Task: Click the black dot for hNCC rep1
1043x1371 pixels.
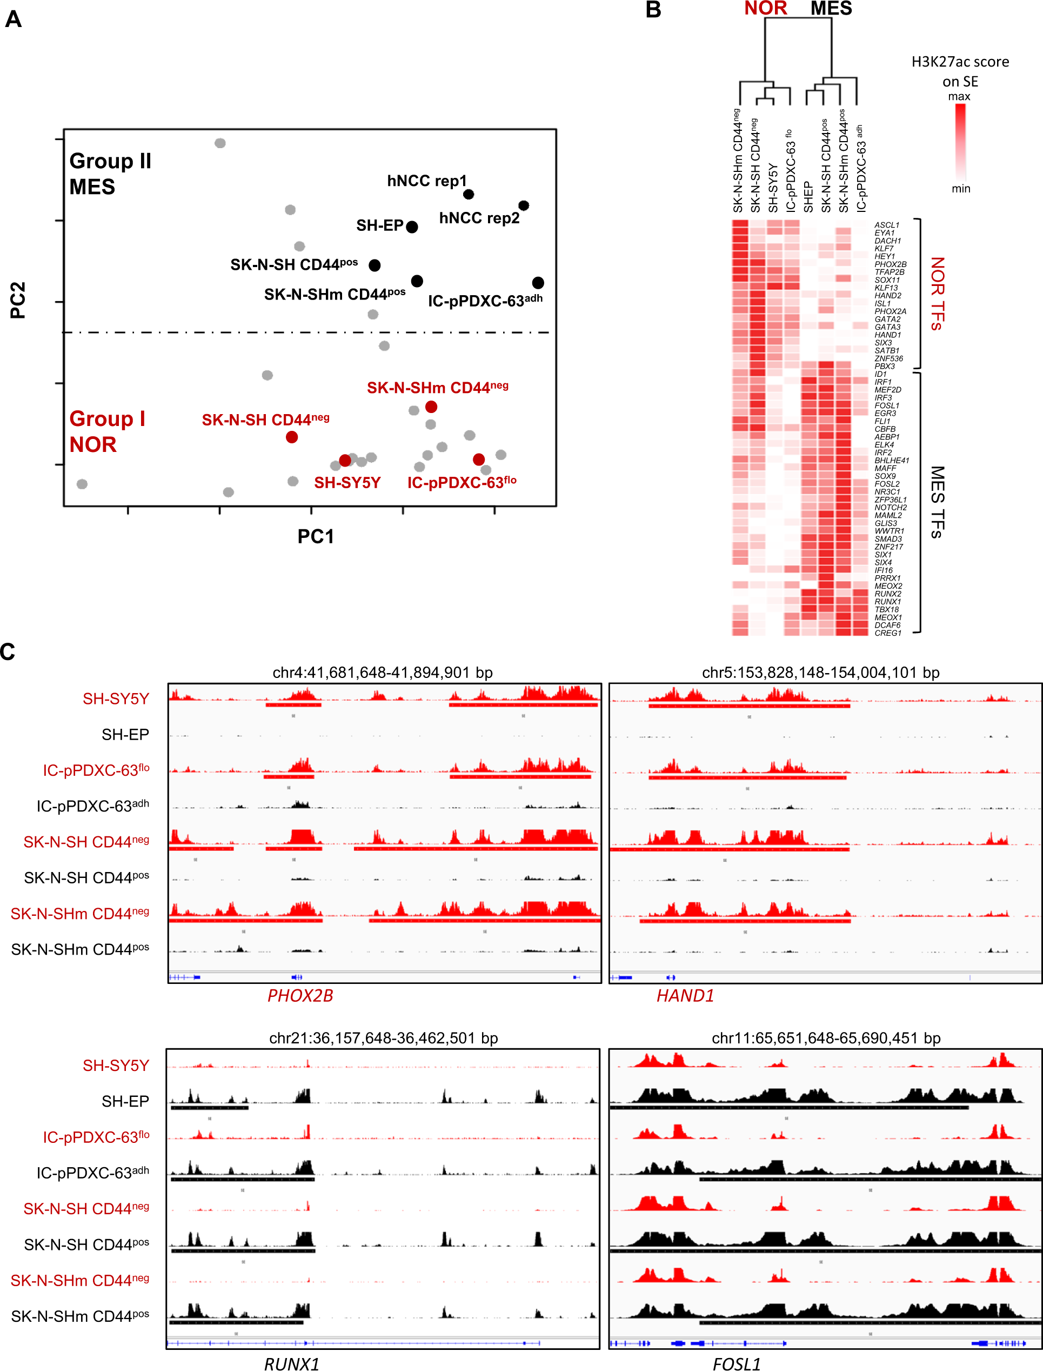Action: tap(469, 194)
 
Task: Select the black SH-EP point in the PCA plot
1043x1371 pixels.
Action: tap(412, 227)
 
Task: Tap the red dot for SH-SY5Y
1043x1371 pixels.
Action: tap(345, 461)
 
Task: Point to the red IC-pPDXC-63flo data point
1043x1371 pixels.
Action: tap(479, 460)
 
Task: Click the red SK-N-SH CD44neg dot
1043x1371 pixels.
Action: tap(292, 437)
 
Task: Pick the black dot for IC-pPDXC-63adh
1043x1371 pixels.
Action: tap(538, 283)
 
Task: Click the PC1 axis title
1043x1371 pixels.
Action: tap(316, 536)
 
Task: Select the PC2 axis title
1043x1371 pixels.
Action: tap(18, 301)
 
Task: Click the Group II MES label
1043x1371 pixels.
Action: tap(110, 174)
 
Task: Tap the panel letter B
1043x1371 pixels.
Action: tap(653, 10)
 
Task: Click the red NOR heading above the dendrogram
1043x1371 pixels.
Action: tap(765, 9)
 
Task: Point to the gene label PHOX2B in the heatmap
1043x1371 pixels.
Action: tap(890, 264)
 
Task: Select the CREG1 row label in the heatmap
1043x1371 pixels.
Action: tap(888, 633)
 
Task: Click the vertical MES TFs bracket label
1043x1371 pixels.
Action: tap(938, 502)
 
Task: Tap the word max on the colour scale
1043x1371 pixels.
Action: tap(959, 96)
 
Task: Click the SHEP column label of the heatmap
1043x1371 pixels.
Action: tap(808, 197)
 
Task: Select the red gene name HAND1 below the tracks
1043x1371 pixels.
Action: tap(685, 996)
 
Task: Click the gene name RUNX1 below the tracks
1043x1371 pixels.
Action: tap(292, 1363)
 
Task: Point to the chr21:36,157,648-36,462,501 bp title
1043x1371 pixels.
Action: tap(383, 1038)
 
